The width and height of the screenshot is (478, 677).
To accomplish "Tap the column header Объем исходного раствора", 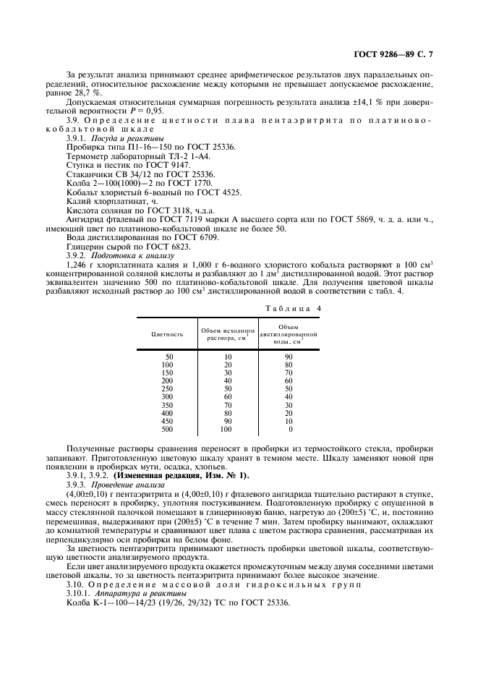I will click(228, 334).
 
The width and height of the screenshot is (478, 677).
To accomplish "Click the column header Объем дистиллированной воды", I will click(289, 334).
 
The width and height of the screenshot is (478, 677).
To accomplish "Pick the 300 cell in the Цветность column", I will click(167, 396).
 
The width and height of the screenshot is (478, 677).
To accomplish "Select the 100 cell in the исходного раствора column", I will click(226, 429).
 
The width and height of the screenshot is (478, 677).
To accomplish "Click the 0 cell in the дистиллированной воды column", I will click(289, 429).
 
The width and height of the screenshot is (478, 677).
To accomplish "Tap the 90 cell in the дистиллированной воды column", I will click(288, 356).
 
